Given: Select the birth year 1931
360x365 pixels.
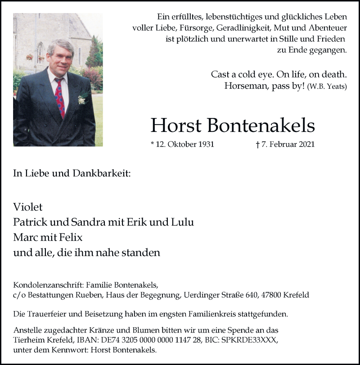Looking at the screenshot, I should click(204, 145).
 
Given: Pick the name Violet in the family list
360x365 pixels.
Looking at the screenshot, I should click(28, 207).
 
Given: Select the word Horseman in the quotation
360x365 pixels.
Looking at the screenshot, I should click(243, 87).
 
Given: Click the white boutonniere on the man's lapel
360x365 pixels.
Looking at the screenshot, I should click(81, 99).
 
